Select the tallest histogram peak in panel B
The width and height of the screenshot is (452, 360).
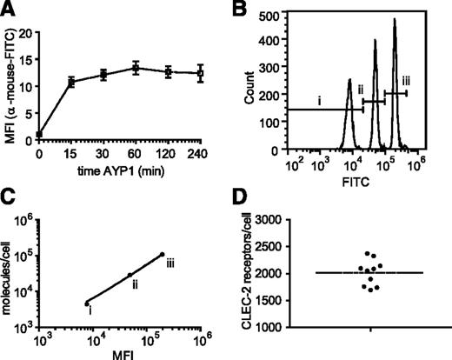(395, 20)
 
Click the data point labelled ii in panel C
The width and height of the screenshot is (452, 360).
(130, 276)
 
